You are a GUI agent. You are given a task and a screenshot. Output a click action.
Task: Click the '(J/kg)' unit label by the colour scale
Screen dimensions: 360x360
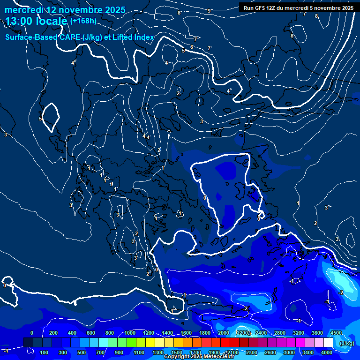pyautogui.click(x=346, y=343)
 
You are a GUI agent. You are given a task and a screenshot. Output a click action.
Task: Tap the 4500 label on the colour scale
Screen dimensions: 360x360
pyautogui.click(x=335, y=333)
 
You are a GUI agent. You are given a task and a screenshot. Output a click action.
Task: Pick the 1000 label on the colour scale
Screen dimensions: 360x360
pyautogui.click(x=129, y=333)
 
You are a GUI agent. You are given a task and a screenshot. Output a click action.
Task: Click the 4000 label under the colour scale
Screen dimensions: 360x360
pyautogui.click(x=327, y=352)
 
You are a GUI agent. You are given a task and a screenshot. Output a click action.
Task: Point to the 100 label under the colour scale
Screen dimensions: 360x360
pyautogui.click(x=45, y=352)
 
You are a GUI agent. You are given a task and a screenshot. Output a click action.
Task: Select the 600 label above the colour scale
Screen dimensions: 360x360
pyautogui.click(x=91, y=333)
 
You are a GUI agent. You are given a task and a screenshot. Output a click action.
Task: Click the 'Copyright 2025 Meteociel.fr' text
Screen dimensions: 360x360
pyautogui.click(x=199, y=357)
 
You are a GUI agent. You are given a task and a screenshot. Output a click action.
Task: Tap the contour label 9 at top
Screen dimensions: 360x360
pyautogui.click(x=209, y=11)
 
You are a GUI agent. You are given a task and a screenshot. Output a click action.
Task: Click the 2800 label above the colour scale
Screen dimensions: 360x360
pyautogui.click(x=280, y=333)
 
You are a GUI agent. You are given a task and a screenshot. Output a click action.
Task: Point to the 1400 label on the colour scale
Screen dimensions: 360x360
pyautogui.click(x=167, y=333)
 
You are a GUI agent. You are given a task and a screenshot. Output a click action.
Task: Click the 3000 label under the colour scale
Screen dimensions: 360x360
pyautogui.click(x=289, y=352)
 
